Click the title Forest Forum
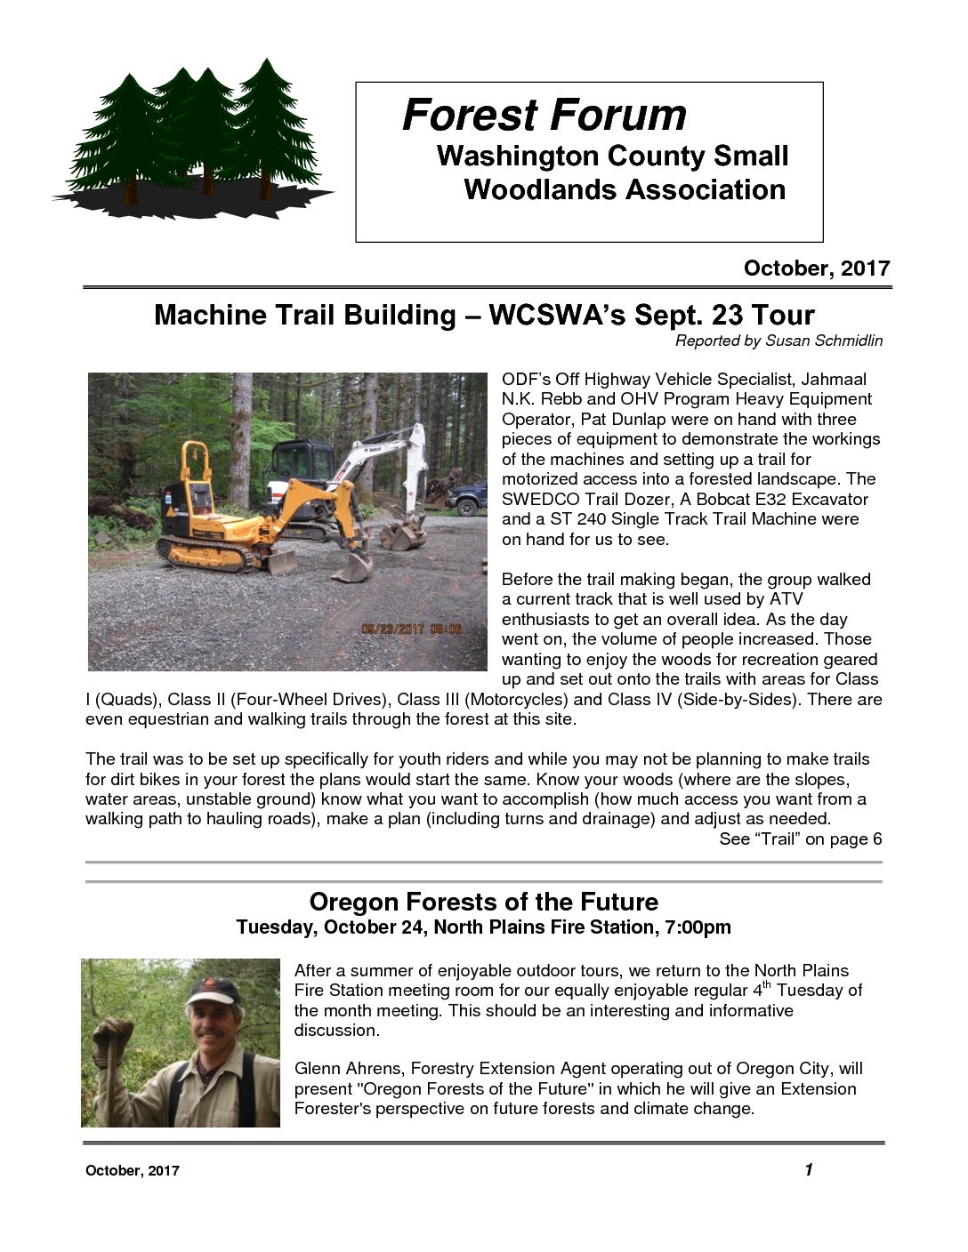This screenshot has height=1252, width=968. (x=544, y=115)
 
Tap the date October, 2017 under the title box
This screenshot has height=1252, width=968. (x=816, y=269)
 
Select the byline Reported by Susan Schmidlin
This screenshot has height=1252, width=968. (x=778, y=341)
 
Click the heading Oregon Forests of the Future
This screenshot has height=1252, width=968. (x=483, y=902)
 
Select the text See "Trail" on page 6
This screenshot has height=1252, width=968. (x=800, y=839)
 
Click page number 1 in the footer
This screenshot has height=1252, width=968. (x=808, y=1169)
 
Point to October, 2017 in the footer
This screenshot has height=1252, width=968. (x=132, y=1171)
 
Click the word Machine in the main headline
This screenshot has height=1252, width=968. (x=210, y=315)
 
